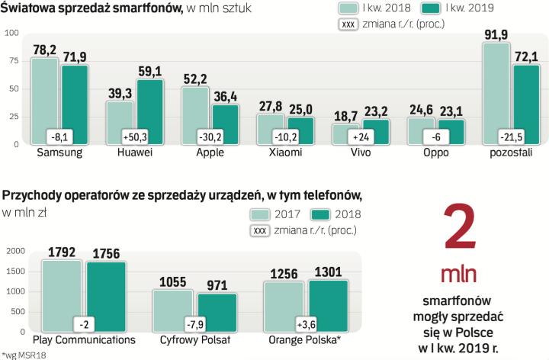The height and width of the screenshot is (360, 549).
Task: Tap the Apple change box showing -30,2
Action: coord(210,138)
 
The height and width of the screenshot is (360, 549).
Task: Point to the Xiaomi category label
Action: coord(285,153)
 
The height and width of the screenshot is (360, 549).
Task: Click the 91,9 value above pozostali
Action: coord(496,35)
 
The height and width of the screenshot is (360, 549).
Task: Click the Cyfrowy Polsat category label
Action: coord(195,339)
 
